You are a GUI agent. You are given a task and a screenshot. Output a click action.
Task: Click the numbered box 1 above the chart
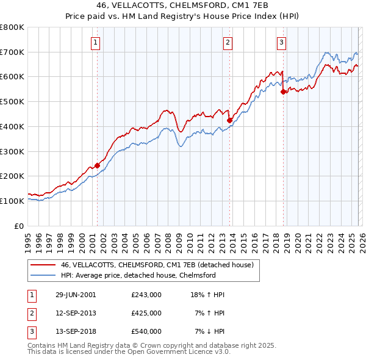(96, 42)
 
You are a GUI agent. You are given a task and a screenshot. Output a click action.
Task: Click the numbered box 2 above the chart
(228, 42)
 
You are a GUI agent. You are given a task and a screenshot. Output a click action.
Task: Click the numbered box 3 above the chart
(281, 42)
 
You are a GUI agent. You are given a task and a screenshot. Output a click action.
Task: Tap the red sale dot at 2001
(97, 165)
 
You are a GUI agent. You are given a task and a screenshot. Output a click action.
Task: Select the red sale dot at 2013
(229, 121)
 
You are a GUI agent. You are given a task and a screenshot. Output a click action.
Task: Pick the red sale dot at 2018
(283, 92)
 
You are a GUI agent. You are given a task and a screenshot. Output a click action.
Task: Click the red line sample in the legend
(41, 265)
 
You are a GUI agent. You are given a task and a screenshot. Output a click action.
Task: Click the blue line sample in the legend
(41, 275)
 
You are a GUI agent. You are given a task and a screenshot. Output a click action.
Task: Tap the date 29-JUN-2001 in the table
(75, 295)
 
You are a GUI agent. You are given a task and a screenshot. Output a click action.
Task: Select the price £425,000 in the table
(146, 313)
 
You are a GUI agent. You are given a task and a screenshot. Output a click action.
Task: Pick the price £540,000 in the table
(146, 331)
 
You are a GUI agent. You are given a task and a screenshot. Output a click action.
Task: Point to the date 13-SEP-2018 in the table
(75, 331)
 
